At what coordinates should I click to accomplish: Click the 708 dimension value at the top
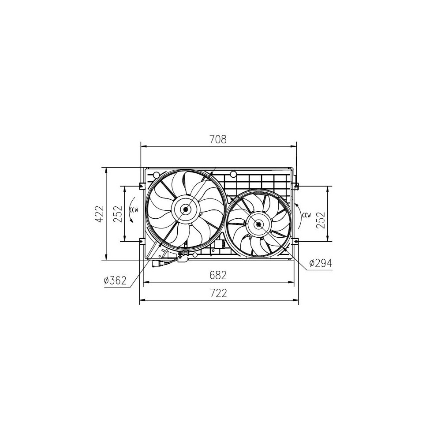coord(218,139)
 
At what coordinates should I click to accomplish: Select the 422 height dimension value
coord(99,214)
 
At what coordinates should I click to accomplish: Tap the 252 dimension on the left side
coord(118,214)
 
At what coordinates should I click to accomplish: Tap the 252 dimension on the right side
coord(321,220)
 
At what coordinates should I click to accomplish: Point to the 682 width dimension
coord(218,275)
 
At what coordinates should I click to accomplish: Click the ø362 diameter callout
coord(115,280)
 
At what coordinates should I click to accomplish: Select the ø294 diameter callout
coord(321,263)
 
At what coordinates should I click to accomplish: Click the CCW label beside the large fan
coord(134,209)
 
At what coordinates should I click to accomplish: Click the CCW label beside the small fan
coord(306,216)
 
